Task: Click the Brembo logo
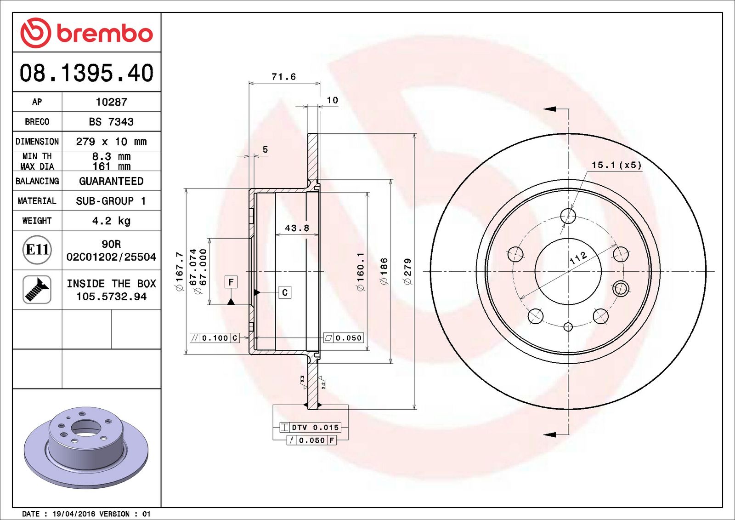pos(86,33)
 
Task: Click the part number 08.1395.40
pos(86,73)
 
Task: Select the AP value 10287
pos(111,102)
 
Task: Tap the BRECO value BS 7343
pos(111,122)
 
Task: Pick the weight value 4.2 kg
pos(111,221)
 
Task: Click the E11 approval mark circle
pos(37,250)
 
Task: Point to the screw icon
pos(37,290)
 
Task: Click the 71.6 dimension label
pos(283,77)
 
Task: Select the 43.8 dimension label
pos(297,228)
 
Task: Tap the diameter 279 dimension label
pos(407,271)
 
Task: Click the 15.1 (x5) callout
pos(616,165)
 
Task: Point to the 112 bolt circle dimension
pos(578,258)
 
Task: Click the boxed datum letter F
pos(231,282)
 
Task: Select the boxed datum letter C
pos(285,292)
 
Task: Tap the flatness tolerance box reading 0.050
pos(344,338)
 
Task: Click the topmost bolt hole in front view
pos(568,215)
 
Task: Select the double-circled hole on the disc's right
pos(620,289)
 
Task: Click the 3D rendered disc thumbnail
pos(86,446)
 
